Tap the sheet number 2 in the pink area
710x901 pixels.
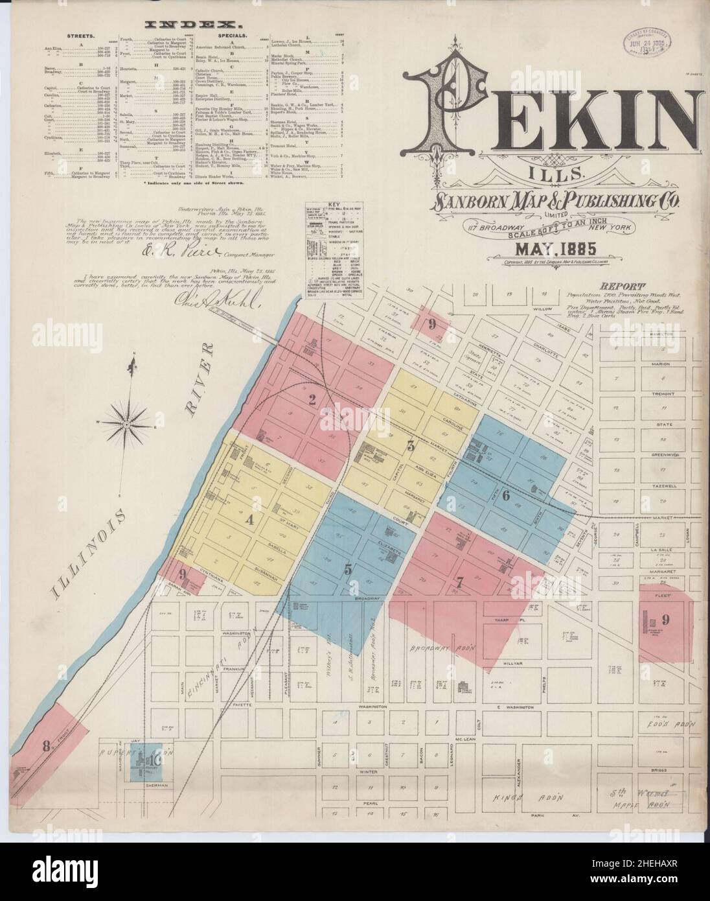click(x=312, y=401)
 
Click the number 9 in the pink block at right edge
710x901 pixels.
click(x=665, y=619)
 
